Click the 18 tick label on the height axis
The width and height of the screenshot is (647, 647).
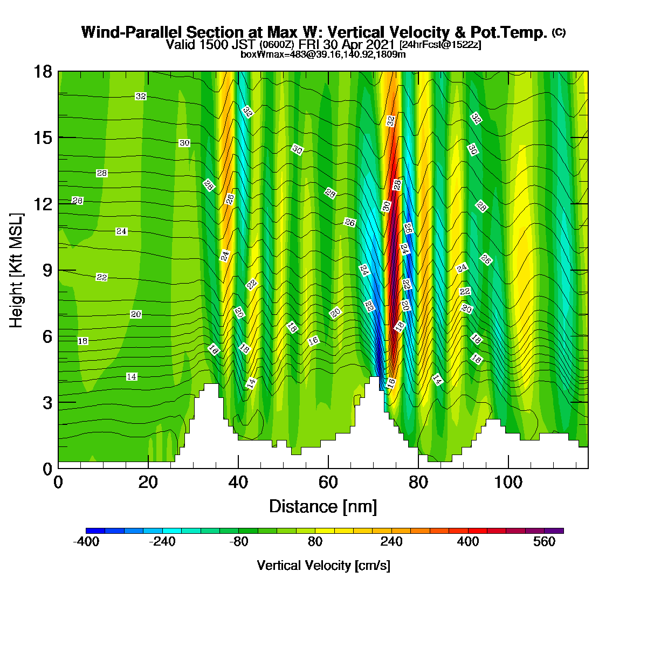(43, 71)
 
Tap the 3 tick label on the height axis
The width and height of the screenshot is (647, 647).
(47, 403)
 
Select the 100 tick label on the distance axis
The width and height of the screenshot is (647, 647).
(508, 483)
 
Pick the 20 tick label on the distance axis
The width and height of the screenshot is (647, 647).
(148, 483)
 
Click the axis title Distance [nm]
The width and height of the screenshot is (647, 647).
(323, 507)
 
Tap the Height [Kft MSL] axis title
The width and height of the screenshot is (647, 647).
(16, 270)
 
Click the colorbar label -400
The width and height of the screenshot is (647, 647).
(86, 541)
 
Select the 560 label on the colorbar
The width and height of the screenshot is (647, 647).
(544, 541)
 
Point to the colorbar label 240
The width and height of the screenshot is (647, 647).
(391, 541)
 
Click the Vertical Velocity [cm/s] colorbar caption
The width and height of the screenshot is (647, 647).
(323, 566)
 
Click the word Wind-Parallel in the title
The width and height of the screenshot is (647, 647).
(132, 32)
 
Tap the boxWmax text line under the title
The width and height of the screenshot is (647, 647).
(323, 54)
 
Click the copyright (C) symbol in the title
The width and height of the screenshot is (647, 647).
(559, 32)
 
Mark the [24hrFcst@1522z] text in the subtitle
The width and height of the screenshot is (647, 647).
(440, 45)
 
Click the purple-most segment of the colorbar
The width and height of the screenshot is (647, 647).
(554, 531)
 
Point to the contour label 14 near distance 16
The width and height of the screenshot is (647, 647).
(132, 377)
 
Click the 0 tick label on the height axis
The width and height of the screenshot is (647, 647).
(47, 469)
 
